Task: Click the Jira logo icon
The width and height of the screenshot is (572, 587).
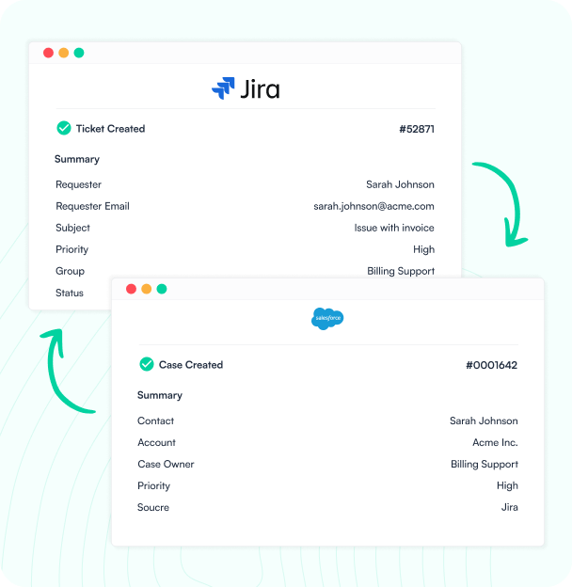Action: pos(223,88)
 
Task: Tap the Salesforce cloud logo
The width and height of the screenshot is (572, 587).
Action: pos(327,319)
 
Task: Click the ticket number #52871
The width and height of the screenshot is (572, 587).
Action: pos(417,129)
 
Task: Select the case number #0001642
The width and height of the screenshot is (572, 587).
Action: pos(491,365)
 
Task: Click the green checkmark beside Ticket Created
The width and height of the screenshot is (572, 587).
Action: pos(64,128)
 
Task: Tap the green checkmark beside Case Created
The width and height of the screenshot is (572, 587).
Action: pos(147,364)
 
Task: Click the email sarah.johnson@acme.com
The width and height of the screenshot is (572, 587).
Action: pos(374,206)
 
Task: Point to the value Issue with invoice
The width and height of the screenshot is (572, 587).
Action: pos(394,228)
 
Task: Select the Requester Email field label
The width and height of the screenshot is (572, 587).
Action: pos(92,206)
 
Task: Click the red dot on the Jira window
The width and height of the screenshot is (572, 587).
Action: pos(48,53)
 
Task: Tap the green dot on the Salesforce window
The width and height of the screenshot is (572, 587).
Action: pos(162,289)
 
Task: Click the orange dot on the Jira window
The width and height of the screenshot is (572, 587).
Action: pos(64,53)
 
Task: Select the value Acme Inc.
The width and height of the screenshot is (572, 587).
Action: pos(495,442)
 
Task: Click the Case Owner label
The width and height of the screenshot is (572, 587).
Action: pos(166,464)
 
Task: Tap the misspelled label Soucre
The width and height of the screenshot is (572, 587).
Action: pos(153,507)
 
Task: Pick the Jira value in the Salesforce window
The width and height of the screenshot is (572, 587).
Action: pos(510,507)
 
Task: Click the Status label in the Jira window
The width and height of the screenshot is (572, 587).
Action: pos(70,293)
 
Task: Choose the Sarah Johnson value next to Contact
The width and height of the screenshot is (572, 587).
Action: pos(484,420)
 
